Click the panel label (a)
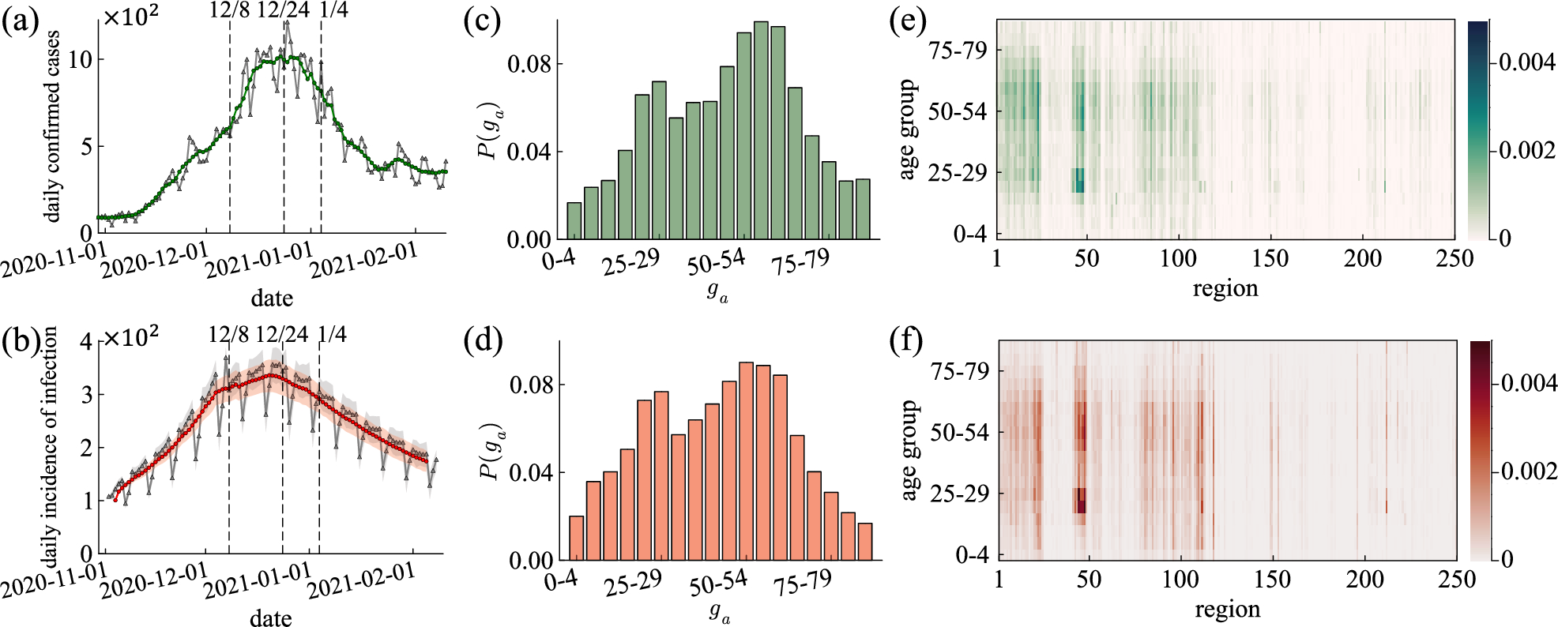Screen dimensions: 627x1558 click(21, 21)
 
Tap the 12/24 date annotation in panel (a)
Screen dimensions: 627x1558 click(283, 10)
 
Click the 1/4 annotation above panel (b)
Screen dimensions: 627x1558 click(333, 334)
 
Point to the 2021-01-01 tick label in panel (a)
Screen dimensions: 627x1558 click(259, 261)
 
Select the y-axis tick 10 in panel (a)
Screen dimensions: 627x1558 click(81, 60)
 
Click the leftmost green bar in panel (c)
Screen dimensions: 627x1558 click(574, 221)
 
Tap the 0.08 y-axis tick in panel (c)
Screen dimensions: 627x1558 click(529, 64)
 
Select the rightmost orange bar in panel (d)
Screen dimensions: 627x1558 click(865, 542)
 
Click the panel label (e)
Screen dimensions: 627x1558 click(908, 21)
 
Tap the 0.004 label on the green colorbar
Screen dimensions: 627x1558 click(1526, 62)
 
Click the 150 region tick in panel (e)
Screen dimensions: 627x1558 click(1270, 258)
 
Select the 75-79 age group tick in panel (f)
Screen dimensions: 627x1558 click(960, 371)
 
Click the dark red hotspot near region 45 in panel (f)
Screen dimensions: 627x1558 click(1080, 501)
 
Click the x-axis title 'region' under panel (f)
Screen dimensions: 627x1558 click(1227, 609)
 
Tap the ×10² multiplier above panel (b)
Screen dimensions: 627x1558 click(131, 337)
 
